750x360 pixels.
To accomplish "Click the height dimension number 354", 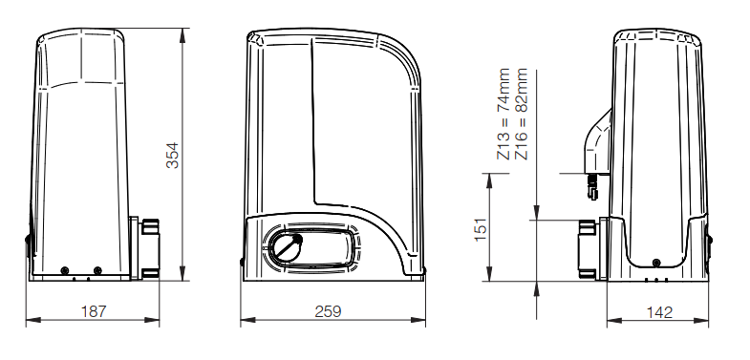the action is [172, 156].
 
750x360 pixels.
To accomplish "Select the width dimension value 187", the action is [94, 311].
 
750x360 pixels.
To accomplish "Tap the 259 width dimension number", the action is [328, 311].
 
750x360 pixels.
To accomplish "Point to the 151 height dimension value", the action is [481, 230].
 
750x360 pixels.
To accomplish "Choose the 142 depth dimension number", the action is [659, 312].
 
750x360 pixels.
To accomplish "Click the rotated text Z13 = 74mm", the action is [504, 114].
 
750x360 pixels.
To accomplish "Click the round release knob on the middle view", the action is [286, 247].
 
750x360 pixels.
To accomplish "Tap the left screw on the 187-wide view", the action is [65, 270].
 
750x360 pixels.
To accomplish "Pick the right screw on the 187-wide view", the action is [97, 270].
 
